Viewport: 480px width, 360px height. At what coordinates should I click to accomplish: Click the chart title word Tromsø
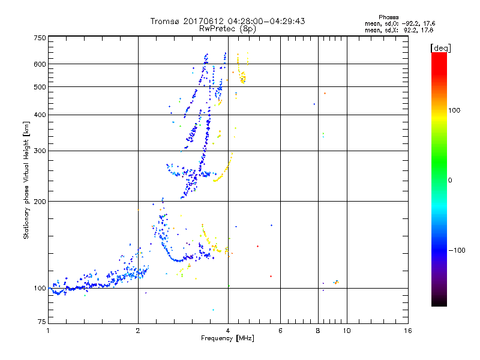tap(166, 21)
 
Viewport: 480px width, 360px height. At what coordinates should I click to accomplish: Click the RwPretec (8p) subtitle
tap(228, 28)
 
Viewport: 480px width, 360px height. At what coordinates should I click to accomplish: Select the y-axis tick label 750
tap(39, 38)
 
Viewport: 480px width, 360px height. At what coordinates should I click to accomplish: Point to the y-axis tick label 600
tap(39, 64)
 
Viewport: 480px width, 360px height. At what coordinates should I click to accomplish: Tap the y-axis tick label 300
tap(39, 151)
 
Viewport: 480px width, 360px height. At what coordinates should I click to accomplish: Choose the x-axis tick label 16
tap(407, 331)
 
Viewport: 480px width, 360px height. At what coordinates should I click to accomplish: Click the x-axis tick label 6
tap(280, 331)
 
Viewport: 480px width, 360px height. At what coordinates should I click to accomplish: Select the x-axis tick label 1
tap(48, 331)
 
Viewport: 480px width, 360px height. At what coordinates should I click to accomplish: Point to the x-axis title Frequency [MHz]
tap(227, 339)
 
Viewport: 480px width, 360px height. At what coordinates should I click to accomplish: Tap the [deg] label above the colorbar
tap(441, 47)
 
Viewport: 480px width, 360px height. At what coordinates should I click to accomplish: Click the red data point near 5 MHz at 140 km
tap(257, 246)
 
